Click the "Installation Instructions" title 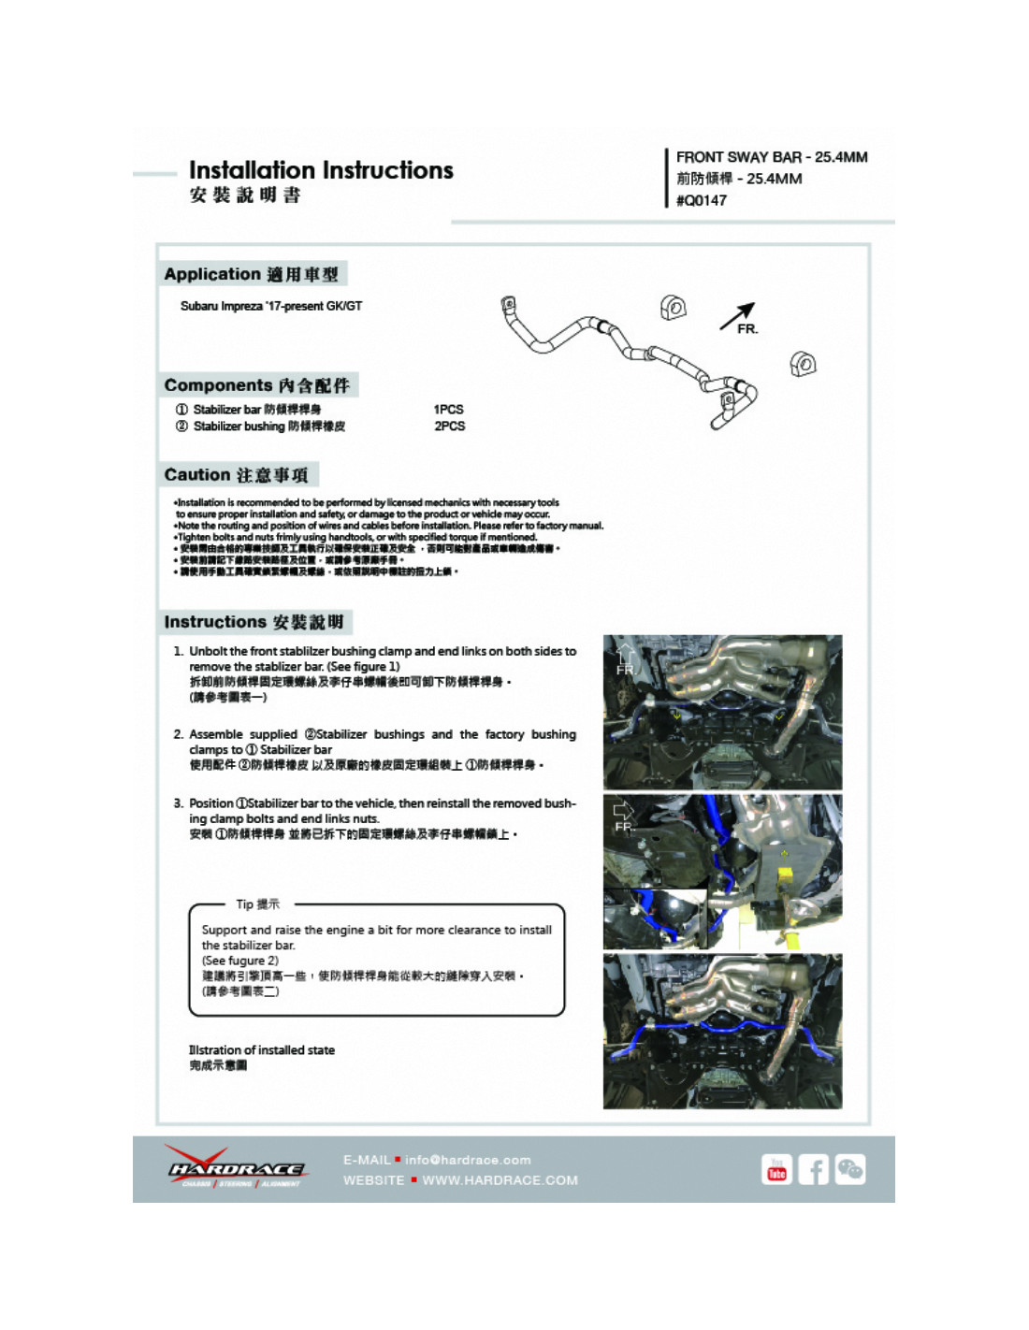coord(321,170)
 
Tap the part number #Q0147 coord(702,200)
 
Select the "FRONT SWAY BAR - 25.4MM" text coord(772,157)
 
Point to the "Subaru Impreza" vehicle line coord(271,306)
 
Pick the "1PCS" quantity coord(448,409)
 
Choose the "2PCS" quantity coord(449,426)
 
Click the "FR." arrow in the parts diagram coord(739,317)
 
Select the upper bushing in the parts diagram coord(673,307)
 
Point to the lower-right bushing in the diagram coord(803,364)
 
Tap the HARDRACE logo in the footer coord(236,1168)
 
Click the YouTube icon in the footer coord(776,1170)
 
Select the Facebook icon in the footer coord(813,1170)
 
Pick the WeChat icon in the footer coord(850,1170)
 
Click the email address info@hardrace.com coord(468,1160)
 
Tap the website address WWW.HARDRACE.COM coord(500,1180)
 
